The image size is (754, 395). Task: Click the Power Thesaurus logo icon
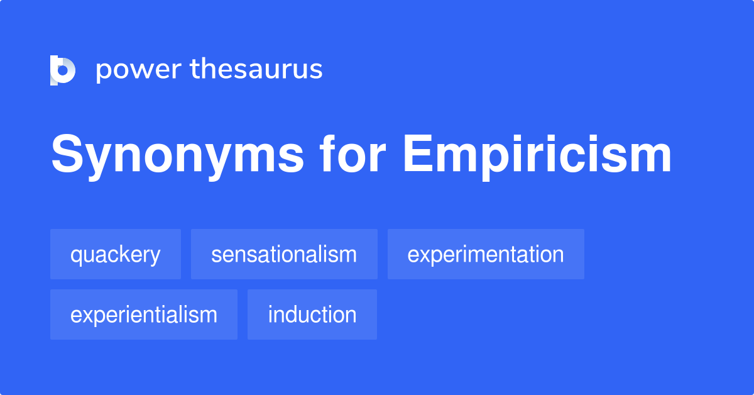pyautogui.click(x=63, y=70)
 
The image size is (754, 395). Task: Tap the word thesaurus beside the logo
pyautogui.click(x=256, y=70)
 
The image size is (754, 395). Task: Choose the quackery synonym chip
pyautogui.click(x=116, y=255)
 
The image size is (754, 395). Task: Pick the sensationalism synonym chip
pyautogui.click(x=284, y=255)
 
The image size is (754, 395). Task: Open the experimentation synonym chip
pyautogui.click(x=486, y=255)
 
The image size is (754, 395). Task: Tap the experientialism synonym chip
pyautogui.click(x=144, y=314)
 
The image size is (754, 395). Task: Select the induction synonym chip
pyautogui.click(x=312, y=314)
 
